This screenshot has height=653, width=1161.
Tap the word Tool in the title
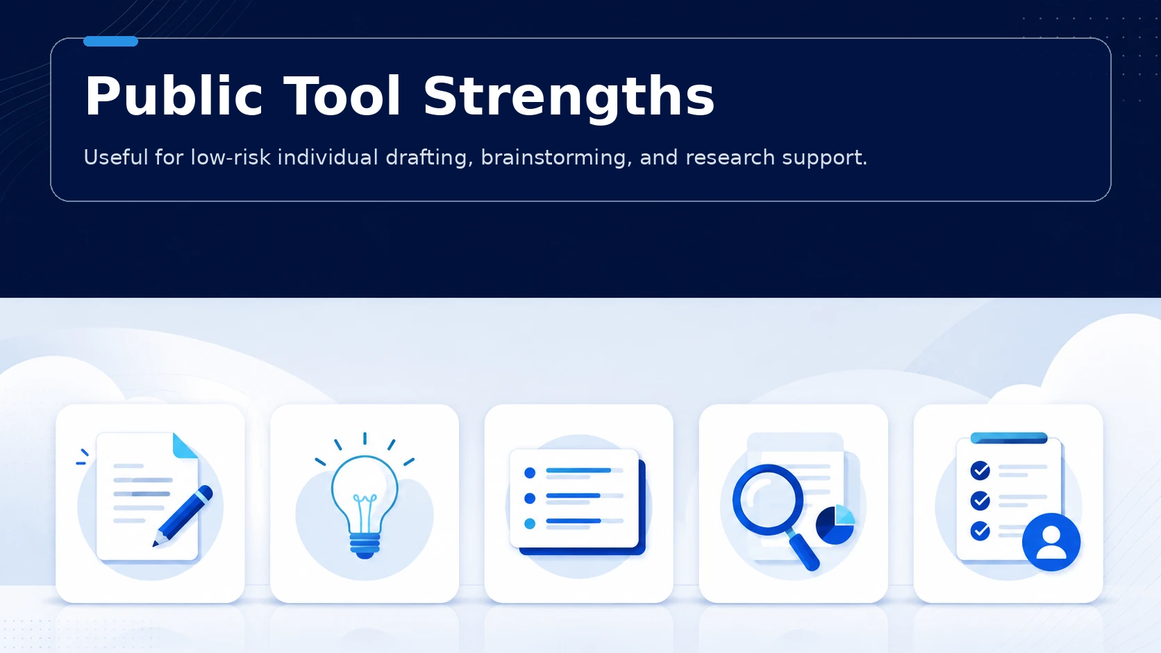point(342,96)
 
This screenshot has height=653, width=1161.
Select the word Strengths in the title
point(569,99)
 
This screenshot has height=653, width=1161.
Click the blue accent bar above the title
point(110,42)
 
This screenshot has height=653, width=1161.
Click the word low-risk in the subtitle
point(231,158)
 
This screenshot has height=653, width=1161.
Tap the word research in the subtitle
point(730,158)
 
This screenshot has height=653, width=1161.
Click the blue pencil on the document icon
point(183,516)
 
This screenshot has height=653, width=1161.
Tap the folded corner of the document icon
point(185,446)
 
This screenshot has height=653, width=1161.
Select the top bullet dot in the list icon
point(530,473)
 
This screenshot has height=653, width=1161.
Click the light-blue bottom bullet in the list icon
point(530,523)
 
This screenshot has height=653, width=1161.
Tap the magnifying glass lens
point(767,500)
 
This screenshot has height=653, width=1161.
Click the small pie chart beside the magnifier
point(835,525)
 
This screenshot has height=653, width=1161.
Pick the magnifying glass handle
point(803,551)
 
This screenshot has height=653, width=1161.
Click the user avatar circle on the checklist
point(1051,542)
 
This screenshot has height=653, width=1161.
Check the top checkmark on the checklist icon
point(980,470)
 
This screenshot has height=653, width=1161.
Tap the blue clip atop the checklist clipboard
point(1009,438)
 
